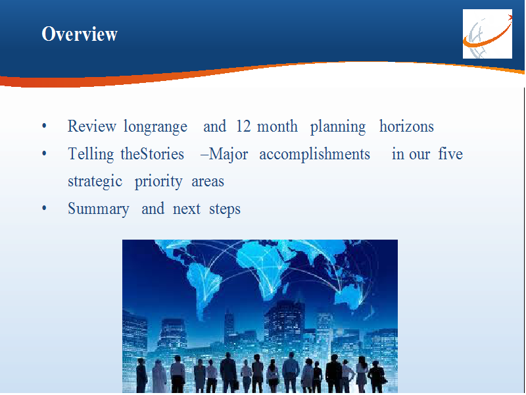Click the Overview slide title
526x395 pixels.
coord(80,34)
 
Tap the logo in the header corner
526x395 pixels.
coord(487,34)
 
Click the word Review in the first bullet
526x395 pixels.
coord(92,126)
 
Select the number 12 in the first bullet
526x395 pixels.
coord(243,126)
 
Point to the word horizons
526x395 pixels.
coord(406,126)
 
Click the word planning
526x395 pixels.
coord(338,127)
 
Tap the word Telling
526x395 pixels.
coord(91,155)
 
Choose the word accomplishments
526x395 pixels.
coord(315,155)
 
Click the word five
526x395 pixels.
coord(450,154)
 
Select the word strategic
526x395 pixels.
coord(95,182)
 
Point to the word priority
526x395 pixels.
coord(158,182)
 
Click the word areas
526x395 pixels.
coord(208,182)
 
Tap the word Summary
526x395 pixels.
coord(98,209)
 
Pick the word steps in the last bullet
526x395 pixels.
coord(225,209)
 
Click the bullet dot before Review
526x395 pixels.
coord(44,126)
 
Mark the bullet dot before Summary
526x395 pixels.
coord(44,209)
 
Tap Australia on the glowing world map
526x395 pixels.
coord(350,296)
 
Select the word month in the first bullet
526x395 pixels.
coord(277,126)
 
